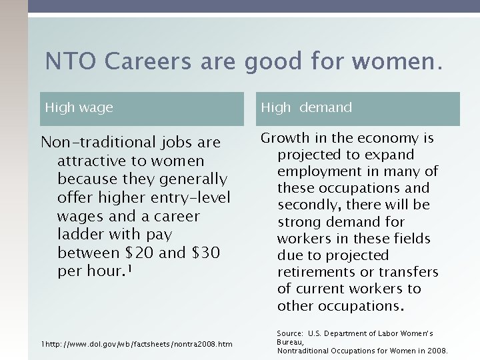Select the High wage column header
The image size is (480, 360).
coord(79,107)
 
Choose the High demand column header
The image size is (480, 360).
coord(306,107)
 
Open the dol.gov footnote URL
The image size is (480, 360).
coord(137,344)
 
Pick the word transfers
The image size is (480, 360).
coord(409,272)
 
